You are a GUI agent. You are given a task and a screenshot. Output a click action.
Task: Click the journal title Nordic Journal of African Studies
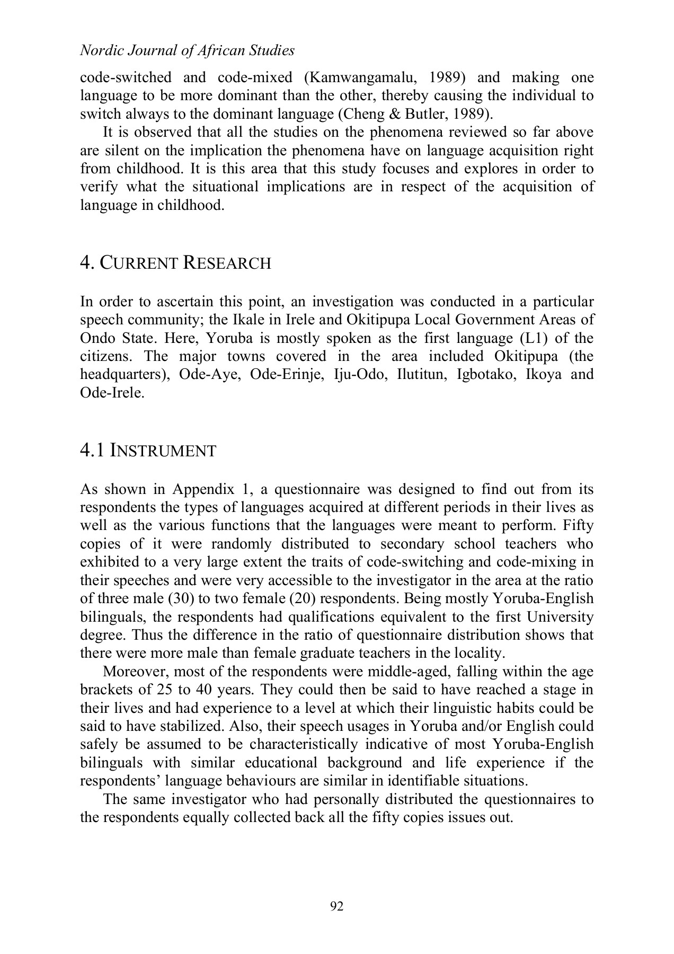[187, 51]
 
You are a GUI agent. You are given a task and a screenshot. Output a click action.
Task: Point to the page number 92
[337, 906]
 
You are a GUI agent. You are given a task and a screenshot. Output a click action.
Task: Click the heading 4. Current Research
[175, 263]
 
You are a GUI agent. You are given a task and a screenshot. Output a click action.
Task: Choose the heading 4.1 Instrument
[148, 451]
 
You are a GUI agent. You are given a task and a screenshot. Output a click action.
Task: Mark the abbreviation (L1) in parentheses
[535, 338]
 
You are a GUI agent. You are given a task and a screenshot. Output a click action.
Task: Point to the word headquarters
[121, 374]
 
